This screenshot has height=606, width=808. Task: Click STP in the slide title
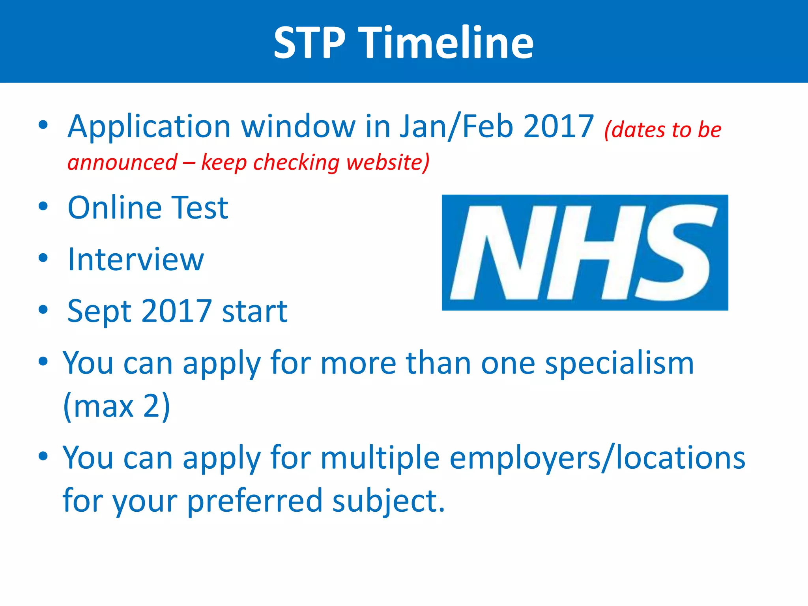(310, 42)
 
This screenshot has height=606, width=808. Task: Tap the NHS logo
(585, 252)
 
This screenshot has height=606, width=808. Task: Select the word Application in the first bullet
(149, 127)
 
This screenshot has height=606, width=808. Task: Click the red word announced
(122, 163)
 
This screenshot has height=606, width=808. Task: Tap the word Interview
(136, 260)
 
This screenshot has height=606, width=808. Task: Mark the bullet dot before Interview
(43, 258)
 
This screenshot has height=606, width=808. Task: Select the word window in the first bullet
(298, 127)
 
